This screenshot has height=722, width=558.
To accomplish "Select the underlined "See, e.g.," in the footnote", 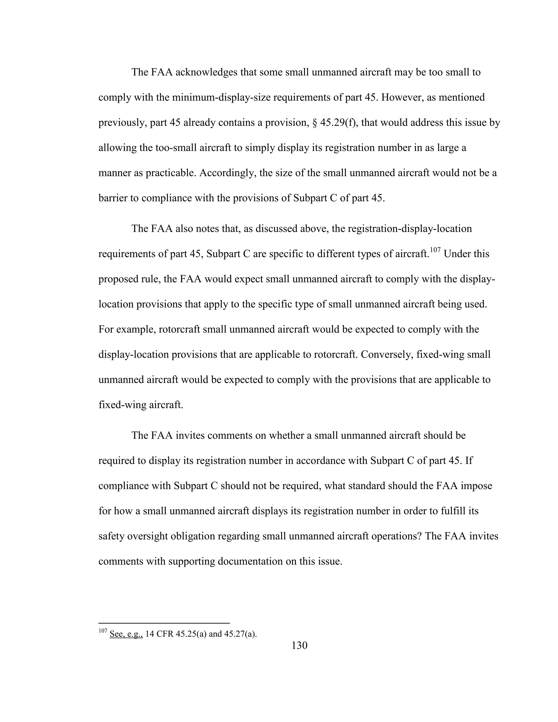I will pos(126,634).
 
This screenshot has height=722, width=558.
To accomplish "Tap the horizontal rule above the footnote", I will pos(164,623).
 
